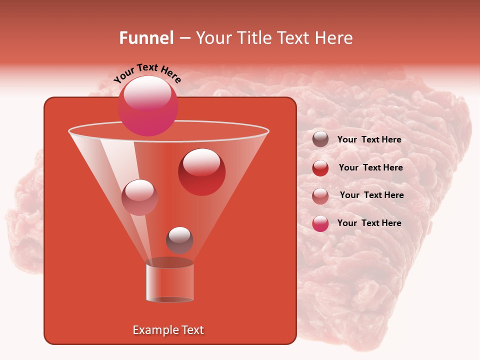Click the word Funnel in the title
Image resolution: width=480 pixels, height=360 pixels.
click(146, 38)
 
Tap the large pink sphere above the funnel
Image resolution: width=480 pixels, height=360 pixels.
click(148, 105)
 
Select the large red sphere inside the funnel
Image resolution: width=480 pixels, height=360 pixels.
click(201, 172)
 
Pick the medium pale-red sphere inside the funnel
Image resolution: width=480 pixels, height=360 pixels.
click(139, 197)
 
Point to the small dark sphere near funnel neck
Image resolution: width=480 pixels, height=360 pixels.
click(179, 240)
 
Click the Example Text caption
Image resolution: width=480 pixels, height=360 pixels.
click(168, 330)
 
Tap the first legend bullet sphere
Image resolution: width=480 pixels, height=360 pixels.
click(320, 139)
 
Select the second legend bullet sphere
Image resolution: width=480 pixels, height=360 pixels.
click(320, 168)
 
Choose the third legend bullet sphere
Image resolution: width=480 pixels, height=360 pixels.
click(320, 195)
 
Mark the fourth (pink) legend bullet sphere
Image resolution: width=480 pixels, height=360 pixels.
click(320, 223)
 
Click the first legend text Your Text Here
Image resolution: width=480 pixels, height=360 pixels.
click(369, 139)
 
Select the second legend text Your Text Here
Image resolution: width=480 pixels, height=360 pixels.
click(370, 167)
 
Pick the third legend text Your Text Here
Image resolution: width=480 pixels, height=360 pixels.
click(371, 195)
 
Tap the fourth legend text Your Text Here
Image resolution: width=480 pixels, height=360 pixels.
click(369, 223)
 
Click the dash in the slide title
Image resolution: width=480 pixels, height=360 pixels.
click(184, 38)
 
